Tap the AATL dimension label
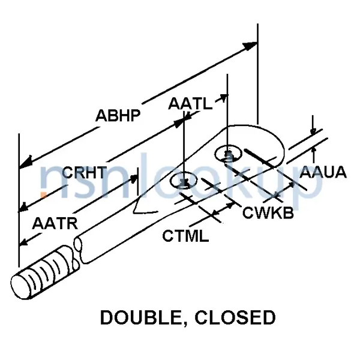click(190, 104)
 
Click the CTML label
click(185, 236)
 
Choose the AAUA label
click(323, 173)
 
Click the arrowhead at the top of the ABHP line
click(252, 45)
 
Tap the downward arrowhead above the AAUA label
click(313, 132)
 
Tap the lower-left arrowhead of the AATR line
click(25, 241)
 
